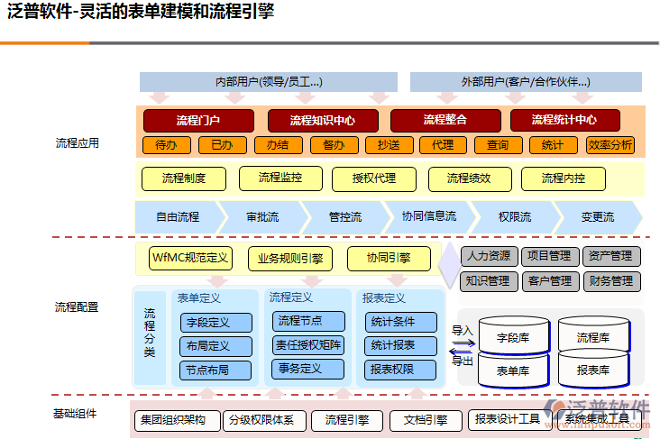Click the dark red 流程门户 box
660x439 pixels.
point(199,120)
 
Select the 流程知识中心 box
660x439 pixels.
point(322,120)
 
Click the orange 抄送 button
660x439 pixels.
point(389,145)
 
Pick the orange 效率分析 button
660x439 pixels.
point(610,145)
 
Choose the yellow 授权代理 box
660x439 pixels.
point(375,178)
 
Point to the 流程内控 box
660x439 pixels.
point(564,178)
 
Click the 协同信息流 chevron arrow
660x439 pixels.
point(428,217)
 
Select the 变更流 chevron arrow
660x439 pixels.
point(597,217)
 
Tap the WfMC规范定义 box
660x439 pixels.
point(190,259)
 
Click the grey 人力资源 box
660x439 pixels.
point(488,256)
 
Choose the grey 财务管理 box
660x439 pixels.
point(610,281)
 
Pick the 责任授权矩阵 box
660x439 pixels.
point(308,344)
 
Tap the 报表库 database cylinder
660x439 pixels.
point(592,370)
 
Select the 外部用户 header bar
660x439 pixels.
point(526,82)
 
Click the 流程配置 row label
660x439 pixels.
point(77,307)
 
